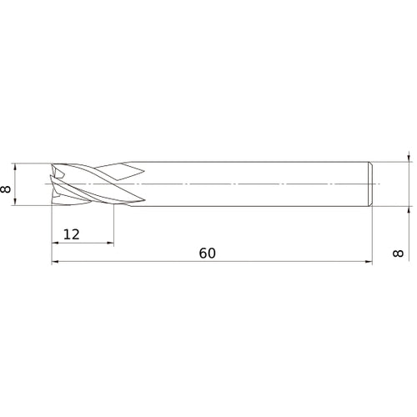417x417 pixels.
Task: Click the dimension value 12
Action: pos(71,234)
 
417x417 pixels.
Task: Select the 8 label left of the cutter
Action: pos(7,188)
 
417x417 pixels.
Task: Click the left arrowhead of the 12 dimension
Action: pos(56,243)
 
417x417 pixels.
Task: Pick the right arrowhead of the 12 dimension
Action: pos(111,243)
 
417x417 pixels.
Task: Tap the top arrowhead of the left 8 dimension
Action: pos(17,165)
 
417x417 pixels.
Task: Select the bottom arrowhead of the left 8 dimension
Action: pos(17,201)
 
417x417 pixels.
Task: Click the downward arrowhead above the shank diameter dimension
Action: pos(409,157)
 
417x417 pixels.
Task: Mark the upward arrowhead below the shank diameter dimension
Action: pos(409,209)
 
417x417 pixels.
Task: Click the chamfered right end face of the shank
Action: pos(369,183)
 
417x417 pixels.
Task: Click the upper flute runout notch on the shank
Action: pos(133,169)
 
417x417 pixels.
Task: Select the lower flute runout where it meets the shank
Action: pos(133,198)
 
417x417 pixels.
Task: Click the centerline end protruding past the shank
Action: pos(378,183)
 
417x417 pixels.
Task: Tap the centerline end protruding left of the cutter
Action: pos(42,183)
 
